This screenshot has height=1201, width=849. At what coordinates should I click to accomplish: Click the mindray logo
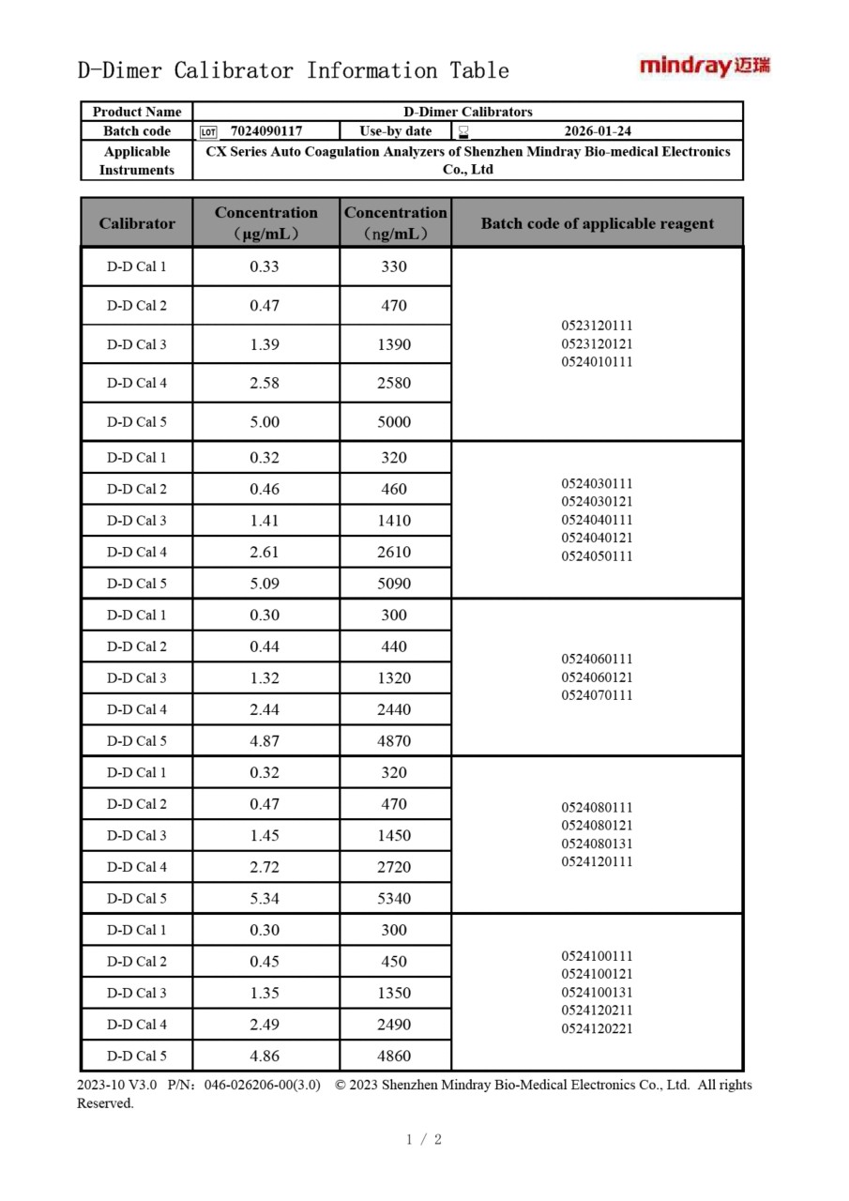click(705, 66)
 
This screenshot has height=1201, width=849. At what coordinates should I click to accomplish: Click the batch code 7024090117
click(265, 131)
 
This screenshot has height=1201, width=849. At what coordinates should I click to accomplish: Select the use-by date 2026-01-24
click(598, 131)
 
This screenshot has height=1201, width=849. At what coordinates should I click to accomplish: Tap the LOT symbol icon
click(208, 132)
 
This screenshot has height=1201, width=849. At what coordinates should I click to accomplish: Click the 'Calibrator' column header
click(137, 223)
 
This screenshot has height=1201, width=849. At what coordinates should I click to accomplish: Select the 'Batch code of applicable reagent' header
click(597, 223)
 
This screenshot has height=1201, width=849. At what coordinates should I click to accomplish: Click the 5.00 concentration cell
click(265, 422)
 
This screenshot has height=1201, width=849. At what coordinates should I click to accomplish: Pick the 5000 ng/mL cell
click(394, 422)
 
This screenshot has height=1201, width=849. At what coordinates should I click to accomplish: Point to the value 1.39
click(265, 344)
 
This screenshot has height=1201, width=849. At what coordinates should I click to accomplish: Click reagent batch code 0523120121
click(597, 343)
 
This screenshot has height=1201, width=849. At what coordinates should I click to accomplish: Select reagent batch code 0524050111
click(597, 556)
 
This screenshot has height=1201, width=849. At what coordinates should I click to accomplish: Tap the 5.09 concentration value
click(265, 584)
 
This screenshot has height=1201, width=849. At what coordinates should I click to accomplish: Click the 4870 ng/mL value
click(394, 741)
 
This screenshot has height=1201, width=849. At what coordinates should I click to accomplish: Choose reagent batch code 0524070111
click(597, 695)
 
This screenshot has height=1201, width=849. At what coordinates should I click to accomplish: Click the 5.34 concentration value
click(265, 899)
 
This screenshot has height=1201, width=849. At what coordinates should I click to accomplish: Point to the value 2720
click(394, 867)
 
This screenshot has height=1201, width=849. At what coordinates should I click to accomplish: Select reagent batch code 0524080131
click(597, 844)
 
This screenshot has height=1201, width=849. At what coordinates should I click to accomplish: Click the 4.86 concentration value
click(265, 1056)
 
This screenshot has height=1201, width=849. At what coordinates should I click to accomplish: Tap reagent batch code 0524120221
click(597, 1028)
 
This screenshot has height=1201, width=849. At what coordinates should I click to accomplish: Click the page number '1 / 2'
click(424, 1140)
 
